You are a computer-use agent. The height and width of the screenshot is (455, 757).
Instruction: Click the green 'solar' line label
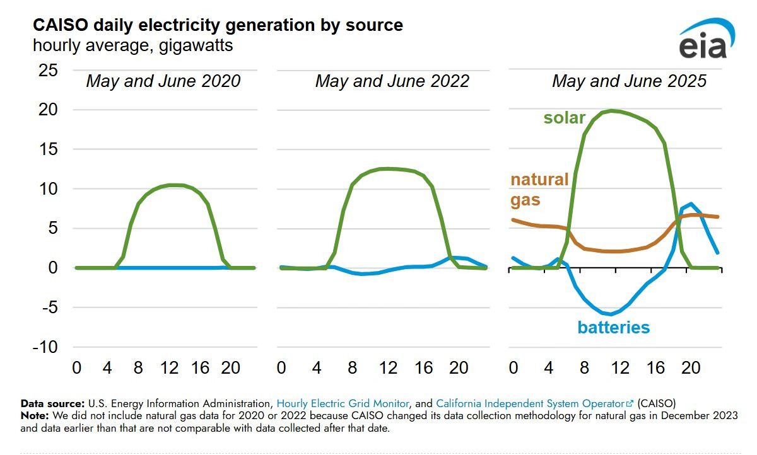(564, 118)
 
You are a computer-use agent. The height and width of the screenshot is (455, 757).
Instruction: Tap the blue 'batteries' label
(613, 327)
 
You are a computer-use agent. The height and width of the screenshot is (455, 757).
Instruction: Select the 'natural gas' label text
(539, 190)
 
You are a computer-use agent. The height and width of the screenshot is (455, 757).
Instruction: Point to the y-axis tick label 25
(49, 71)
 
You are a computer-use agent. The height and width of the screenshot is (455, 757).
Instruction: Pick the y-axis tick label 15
(49, 149)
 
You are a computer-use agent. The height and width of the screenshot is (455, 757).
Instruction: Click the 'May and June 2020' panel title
(163, 81)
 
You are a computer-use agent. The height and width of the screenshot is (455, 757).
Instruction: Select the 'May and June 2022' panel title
(392, 81)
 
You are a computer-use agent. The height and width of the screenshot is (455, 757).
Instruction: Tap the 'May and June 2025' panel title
(629, 81)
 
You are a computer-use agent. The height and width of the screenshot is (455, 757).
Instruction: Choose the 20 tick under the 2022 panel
(458, 367)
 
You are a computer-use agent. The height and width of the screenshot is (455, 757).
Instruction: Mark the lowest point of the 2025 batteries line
(611, 314)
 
